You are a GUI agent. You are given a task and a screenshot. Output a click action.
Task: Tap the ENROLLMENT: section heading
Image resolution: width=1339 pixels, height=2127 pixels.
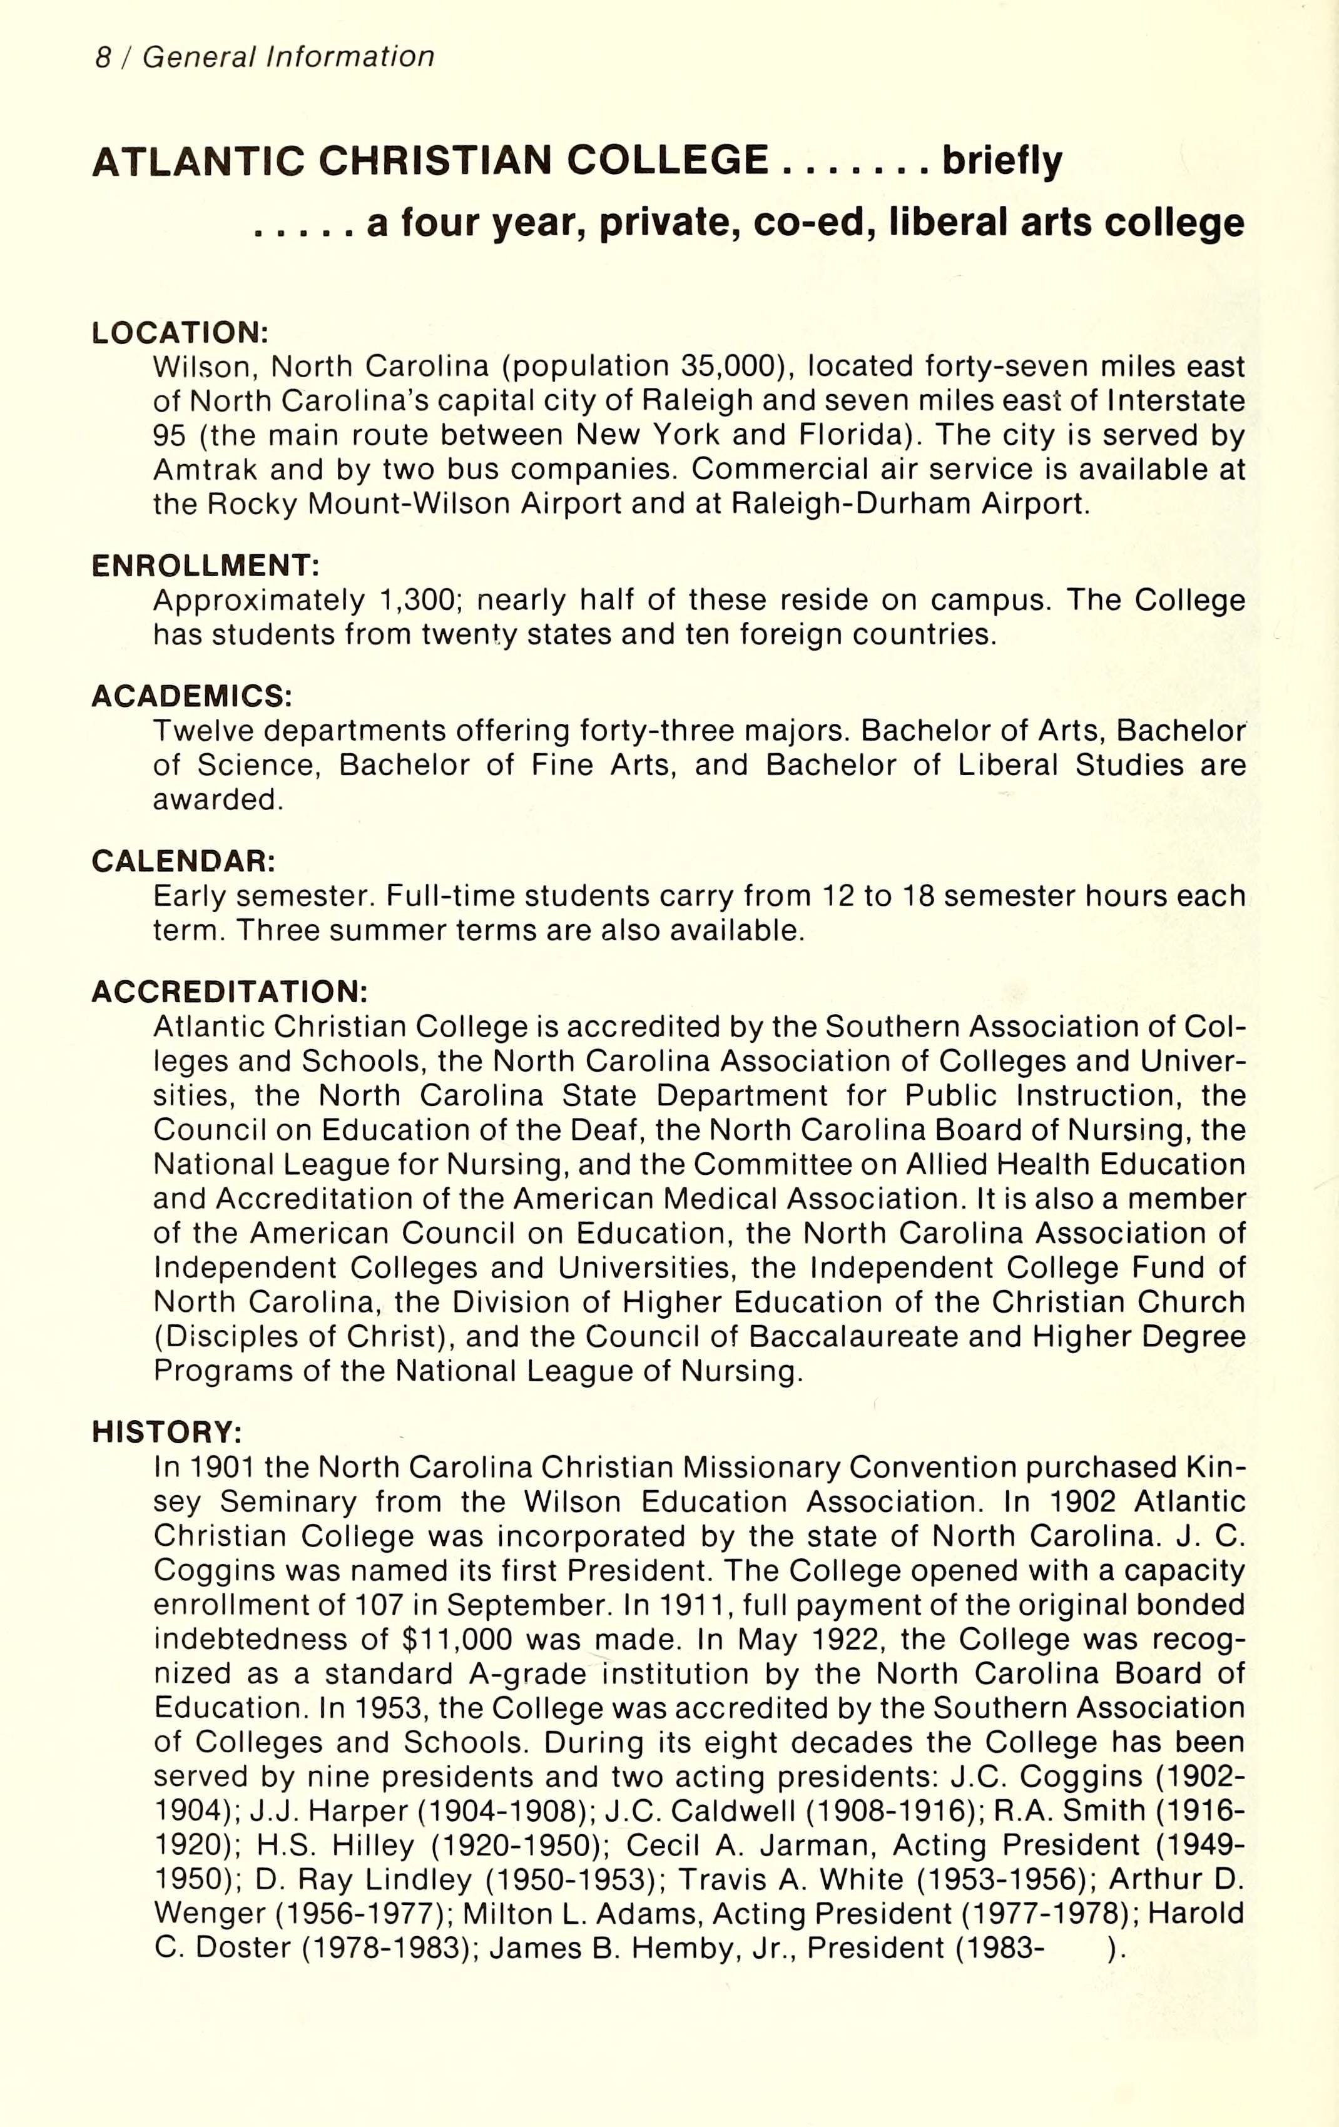pos(205,566)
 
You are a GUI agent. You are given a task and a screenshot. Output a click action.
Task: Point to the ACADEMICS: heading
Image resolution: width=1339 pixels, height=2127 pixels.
pos(191,696)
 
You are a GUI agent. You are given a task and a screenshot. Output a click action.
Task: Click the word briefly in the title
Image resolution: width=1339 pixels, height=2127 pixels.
pos(1002,161)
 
